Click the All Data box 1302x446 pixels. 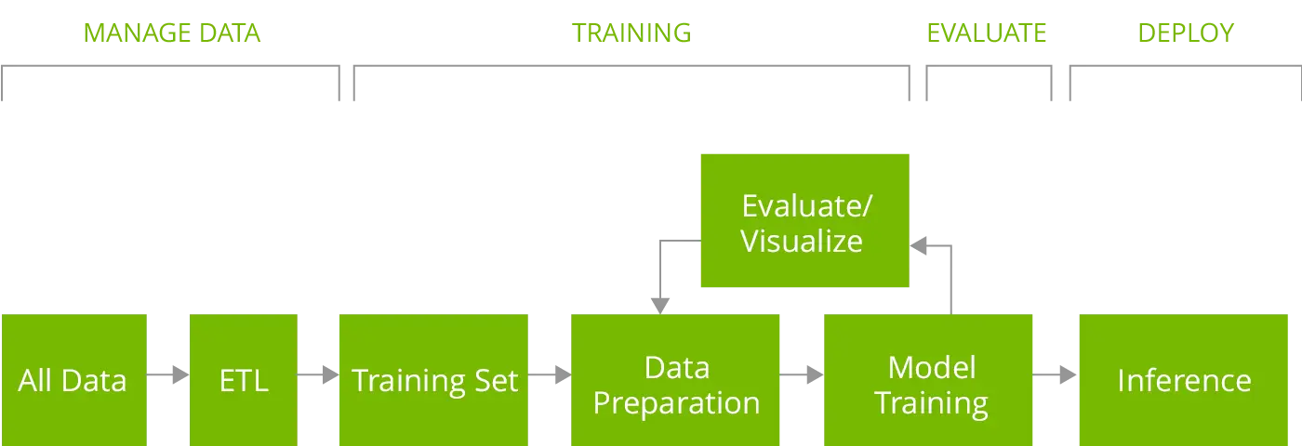click(x=73, y=379)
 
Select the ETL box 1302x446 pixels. click(x=242, y=379)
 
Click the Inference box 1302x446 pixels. click(x=1185, y=379)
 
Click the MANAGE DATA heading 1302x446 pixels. click(x=173, y=34)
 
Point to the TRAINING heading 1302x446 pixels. click(x=630, y=34)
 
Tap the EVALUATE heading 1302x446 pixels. click(x=986, y=34)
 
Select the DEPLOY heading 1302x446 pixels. click(x=1187, y=34)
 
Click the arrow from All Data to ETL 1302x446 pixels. click(x=167, y=376)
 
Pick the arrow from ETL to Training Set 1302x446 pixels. click(x=316, y=376)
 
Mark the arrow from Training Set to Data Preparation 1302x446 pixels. click(x=548, y=376)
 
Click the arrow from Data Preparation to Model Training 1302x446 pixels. click(x=801, y=376)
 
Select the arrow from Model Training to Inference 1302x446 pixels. click(x=1056, y=376)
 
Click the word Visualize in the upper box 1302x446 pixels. click(x=802, y=241)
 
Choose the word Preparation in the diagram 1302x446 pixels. click(x=676, y=403)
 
